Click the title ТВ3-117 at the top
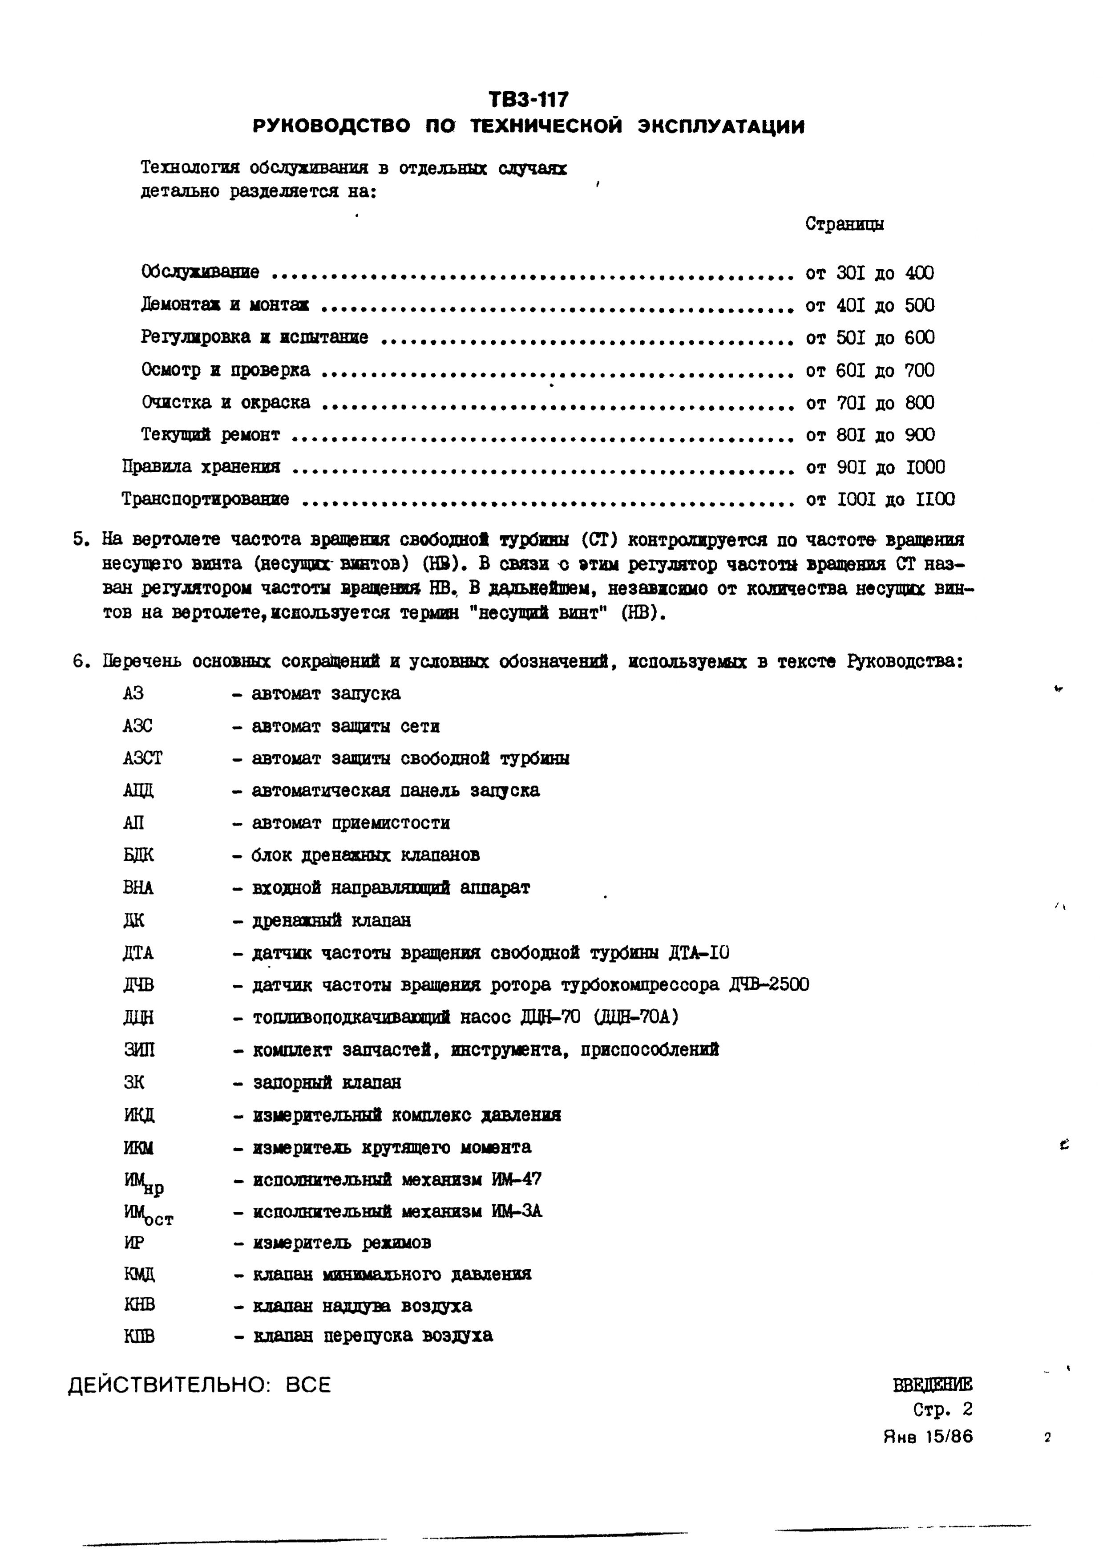(528, 100)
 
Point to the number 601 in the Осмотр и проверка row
(850, 371)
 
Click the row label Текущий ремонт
(210, 435)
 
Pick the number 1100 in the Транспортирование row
(935, 500)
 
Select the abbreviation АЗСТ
(143, 758)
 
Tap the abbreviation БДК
(138, 855)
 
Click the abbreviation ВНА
(138, 888)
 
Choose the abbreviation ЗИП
(139, 1050)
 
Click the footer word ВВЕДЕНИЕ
(932, 1385)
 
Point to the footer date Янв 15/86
(928, 1437)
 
